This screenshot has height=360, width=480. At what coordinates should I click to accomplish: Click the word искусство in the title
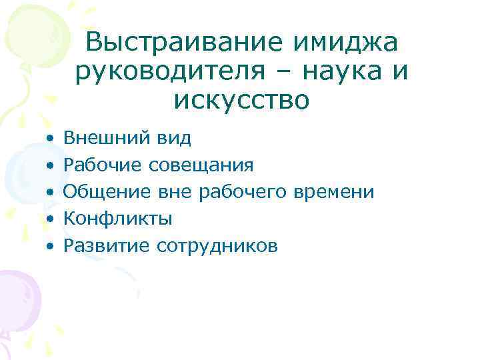(x=241, y=100)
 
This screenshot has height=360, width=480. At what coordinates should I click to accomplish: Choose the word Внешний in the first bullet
(x=98, y=138)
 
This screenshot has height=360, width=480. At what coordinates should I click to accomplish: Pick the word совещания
(x=202, y=165)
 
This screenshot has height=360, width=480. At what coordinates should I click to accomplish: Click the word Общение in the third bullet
(x=107, y=193)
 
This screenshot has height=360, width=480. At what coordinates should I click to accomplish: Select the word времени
(x=336, y=193)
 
